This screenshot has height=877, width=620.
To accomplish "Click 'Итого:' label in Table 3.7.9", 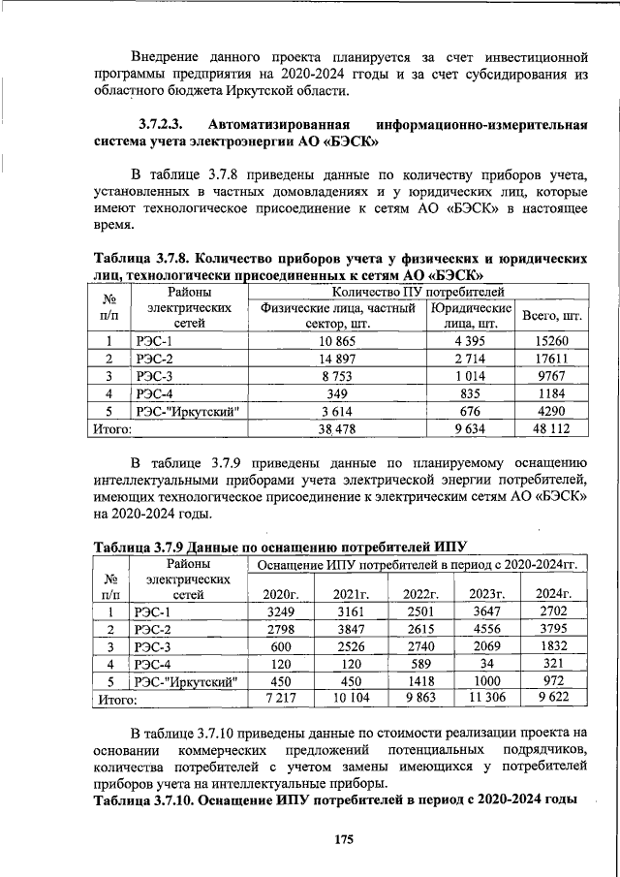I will point(114,698).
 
